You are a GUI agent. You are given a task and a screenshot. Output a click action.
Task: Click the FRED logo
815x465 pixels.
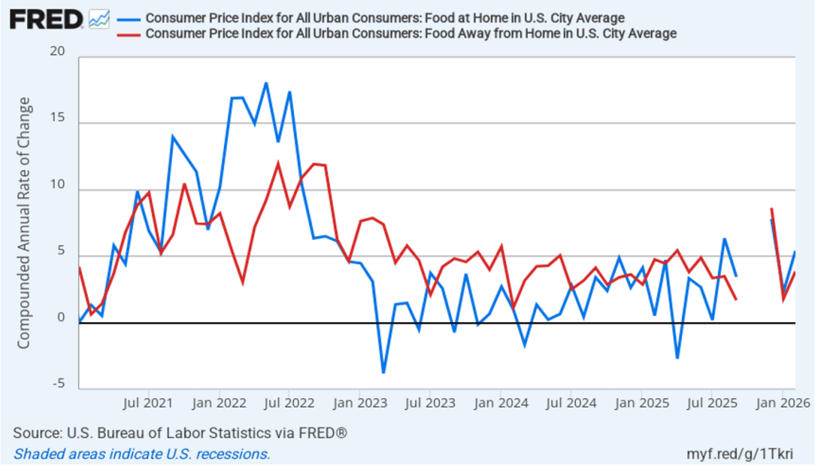point(46,18)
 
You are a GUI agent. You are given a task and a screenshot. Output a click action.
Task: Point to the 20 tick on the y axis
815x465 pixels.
point(57,52)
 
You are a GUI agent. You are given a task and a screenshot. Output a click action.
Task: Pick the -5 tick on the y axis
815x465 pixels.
point(59,384)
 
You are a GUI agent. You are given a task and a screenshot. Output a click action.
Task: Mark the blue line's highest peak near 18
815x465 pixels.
point(266,83)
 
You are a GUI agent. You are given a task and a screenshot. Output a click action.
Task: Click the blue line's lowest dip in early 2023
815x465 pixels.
point(383,372)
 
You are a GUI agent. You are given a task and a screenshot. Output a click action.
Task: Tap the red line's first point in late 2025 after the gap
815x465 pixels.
point(771,209)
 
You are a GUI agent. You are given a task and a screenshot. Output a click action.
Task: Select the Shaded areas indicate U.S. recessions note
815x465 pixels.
point(142,454)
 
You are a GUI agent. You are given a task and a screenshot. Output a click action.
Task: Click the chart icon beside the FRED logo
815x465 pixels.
point(99,18)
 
